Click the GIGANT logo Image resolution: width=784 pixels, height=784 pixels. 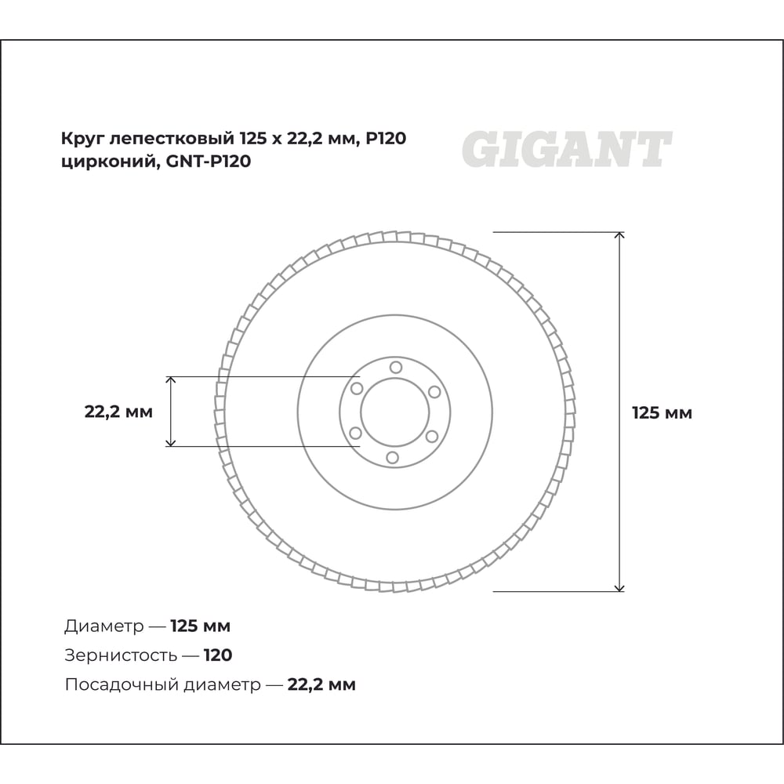coord(567,149)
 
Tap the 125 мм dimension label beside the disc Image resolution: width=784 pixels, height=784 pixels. coord(662,413)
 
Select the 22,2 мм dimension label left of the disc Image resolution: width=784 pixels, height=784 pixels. coord(118,412)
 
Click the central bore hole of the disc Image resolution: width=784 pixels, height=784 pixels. coord(395,412)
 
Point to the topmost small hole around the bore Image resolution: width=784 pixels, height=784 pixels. coord(396,368)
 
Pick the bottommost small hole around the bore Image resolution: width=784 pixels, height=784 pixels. coord(393,457)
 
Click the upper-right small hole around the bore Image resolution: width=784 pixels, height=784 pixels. coord(434,391)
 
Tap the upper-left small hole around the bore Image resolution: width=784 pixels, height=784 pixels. coord(357,389)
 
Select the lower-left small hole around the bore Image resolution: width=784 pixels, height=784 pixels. coord(355,433)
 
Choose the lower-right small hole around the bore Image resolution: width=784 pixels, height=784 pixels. coord(432,436)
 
